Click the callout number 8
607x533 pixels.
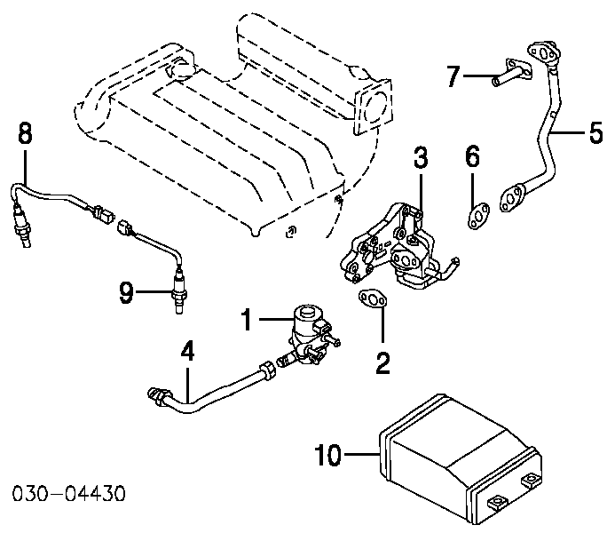[x=25, y=133]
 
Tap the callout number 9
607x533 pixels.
[x=126, y=292]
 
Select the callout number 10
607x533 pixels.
[x=328, y=455]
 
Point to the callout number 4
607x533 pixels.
[x=187, y=351]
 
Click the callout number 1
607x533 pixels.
[x=247, y=320]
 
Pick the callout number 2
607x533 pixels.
[x=382, y=363]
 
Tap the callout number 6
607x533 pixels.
[x=473, y=156]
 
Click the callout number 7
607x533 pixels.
[x=453, y=76]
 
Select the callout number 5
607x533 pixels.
[x=595, y=132]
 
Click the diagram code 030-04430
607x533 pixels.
[x=69, y=493]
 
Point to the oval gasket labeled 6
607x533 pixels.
[x=478, y=216]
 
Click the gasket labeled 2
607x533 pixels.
[x=373, y=299]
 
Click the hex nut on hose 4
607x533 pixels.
[x=268, y=369]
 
